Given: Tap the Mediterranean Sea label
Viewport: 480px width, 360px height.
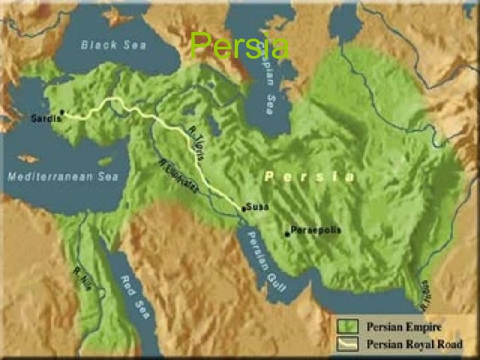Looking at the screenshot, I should tap(63, 177).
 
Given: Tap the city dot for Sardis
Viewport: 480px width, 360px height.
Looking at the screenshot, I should tap(62, 112).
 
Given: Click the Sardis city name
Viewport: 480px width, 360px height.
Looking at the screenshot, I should tap(46, 119).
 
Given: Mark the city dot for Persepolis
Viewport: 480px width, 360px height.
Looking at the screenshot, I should tap(287, 233).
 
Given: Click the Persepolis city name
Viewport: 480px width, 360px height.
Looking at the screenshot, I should tap(316, 230).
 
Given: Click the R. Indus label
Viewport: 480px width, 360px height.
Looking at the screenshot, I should tap(425, 293).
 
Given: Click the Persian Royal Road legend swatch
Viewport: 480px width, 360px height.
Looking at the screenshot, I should tap(348, 344).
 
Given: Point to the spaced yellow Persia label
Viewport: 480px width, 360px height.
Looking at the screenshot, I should tap(309, 177).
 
